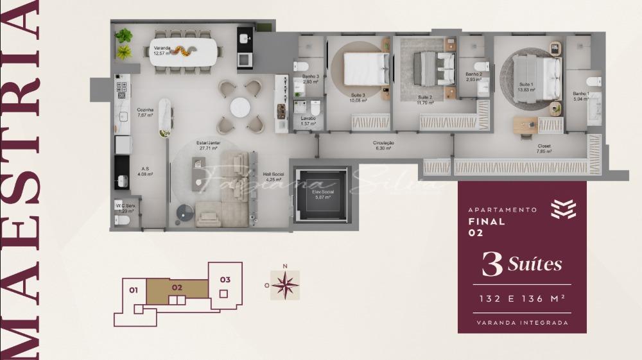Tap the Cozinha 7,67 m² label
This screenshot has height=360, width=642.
pos(145,112)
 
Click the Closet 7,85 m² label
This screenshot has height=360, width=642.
pos(544,148)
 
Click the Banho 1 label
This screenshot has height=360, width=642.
pos(580,96)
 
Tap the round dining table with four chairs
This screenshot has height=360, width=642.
pos(241,107)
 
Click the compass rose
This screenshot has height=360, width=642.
pos(284,284)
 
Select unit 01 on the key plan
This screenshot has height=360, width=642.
pos(134,290)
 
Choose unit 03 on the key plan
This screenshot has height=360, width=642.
pos(225,280)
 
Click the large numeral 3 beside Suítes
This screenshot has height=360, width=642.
pos(492,264)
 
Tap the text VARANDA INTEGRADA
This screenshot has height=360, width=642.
pos(521,322)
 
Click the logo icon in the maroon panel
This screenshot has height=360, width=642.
pos(564,209)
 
